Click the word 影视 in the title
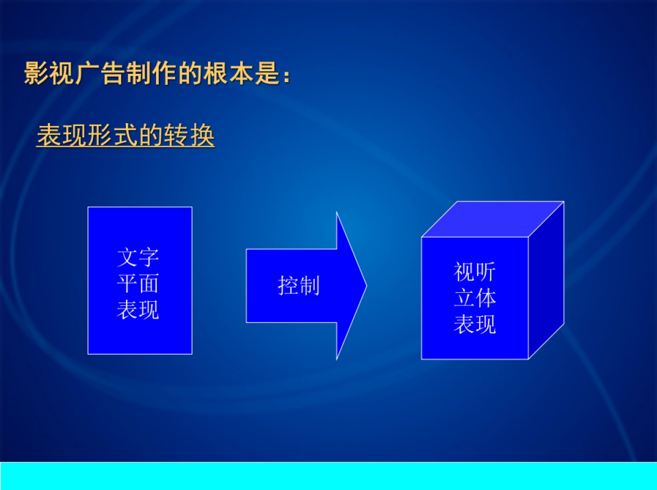(49, 73)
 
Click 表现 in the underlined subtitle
(62, 136)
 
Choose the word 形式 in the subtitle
(113, 136)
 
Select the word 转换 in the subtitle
(189, 136)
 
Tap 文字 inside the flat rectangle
(138, 257)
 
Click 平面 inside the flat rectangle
(138, 284)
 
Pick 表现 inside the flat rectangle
(138, 310)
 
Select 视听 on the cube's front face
(475, 272)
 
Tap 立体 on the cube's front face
(475, 298)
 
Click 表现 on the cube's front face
(475, 325)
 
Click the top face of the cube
(492, 219)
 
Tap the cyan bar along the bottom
(328, 475)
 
